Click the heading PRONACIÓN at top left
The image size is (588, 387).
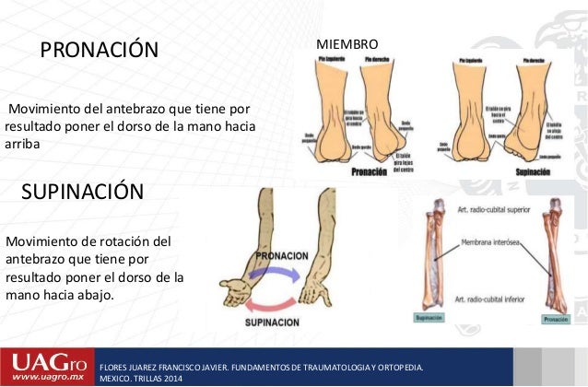[99, 48]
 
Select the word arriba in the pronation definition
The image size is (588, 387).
[23, 143]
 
